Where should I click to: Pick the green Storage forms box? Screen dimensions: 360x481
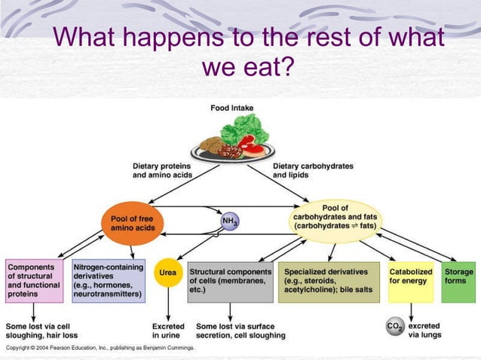point(458,281)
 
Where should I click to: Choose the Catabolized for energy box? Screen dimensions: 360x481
point(411,281)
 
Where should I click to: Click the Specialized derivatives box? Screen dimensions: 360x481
point(331,281)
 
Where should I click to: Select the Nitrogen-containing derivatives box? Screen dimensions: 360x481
point(108,281)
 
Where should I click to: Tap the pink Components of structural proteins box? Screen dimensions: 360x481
point(35,281)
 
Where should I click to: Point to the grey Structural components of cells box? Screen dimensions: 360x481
point(230,281)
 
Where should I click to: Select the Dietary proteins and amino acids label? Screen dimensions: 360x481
point(163,170)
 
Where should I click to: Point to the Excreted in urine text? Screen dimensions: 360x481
point(168,331)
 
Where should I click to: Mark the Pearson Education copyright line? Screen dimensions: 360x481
point(100,349)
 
